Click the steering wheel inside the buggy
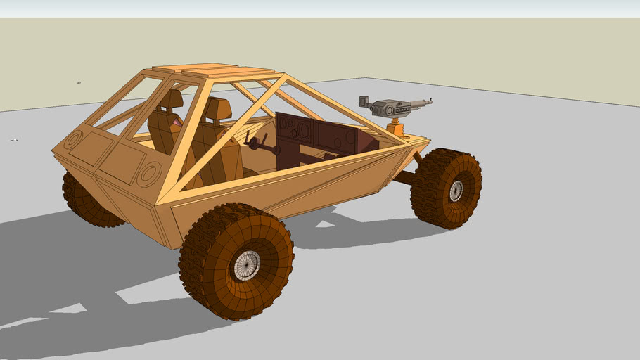coord(254,144)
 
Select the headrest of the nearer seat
coord(218,109)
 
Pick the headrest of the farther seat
coord(171,98)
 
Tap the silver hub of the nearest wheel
coord(247,264)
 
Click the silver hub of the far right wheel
coord(456,191)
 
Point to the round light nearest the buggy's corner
coord(149,173)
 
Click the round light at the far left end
coord(73,139)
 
